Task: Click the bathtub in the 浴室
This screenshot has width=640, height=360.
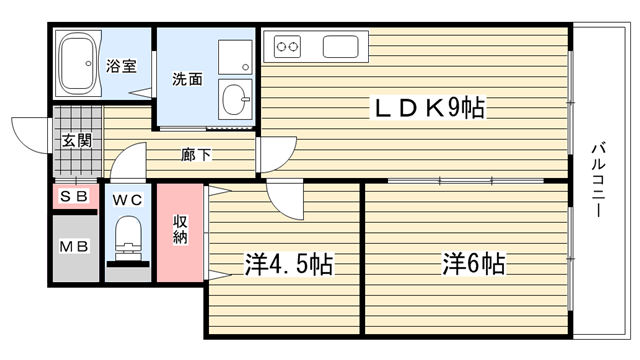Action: coord(78,64)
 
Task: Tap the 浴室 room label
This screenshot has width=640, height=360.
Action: coord(121,66)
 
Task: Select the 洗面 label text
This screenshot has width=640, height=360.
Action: coord(187,79)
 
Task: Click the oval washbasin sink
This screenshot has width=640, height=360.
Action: coord(235,99)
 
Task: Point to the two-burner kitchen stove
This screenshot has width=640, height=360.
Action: coord(287,47)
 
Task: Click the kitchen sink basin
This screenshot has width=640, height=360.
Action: coord(341,47)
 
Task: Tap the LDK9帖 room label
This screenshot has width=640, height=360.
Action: coord(427,108)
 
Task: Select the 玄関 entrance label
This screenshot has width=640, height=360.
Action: coord(77,140)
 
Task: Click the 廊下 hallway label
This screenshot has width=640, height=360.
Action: coord(196,155)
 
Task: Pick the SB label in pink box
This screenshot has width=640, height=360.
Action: coord(74,197)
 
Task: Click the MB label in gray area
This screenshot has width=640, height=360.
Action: coord(74,247)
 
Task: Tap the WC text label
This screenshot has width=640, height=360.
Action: coord(128,200)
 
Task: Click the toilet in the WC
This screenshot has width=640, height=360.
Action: coord(128,239)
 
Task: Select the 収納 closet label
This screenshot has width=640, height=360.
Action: coord(180,229)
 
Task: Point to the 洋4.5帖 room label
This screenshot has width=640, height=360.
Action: coord(289,264)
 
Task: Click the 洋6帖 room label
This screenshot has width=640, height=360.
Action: coord(474,263)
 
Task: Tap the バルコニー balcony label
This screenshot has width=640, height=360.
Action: coord(598,180)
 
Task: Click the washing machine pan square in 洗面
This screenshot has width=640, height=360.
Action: coord(235,57)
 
